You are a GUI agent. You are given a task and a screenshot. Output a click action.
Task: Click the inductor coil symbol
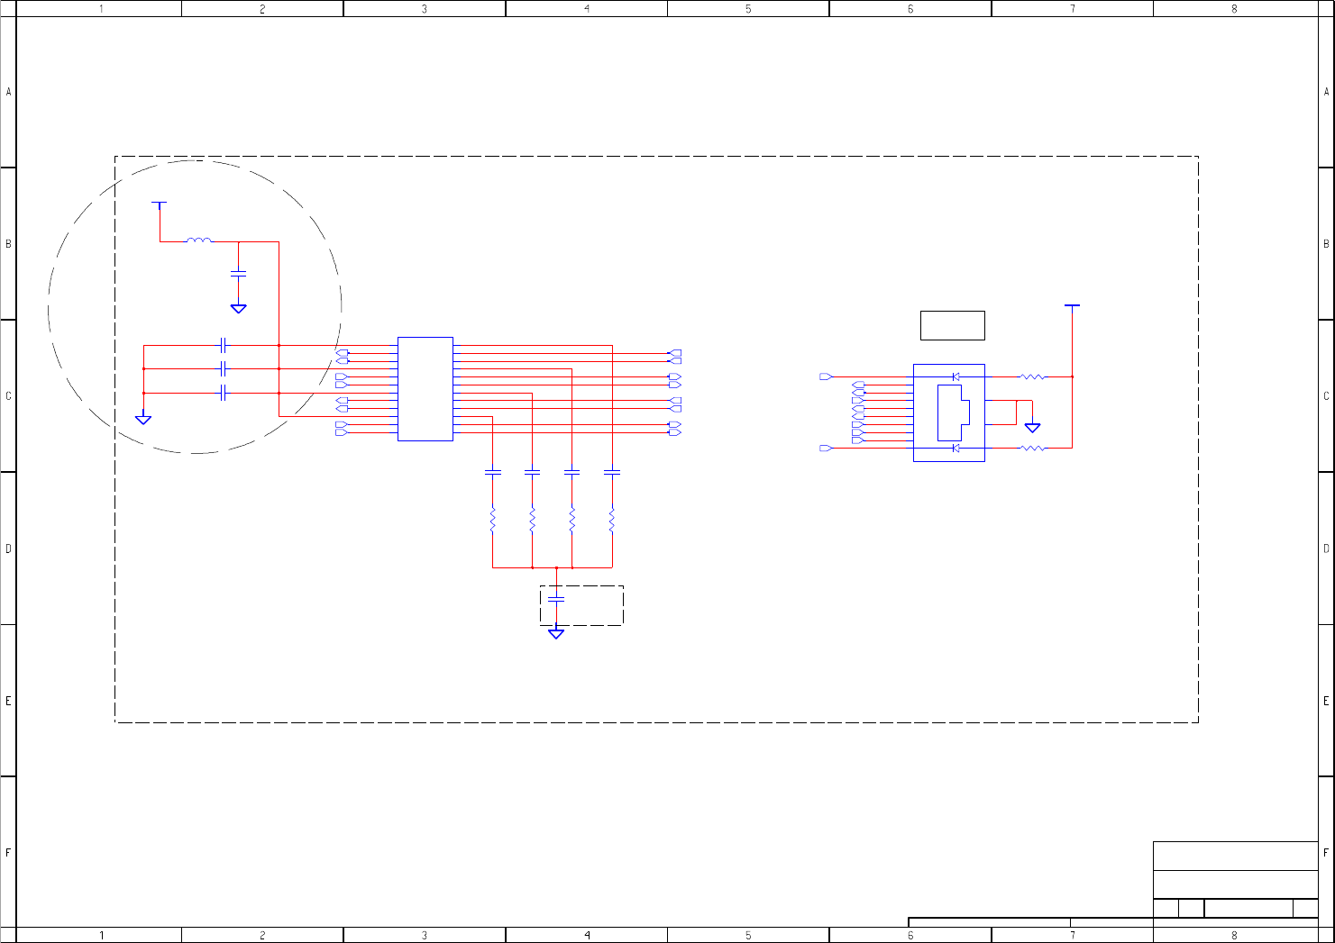tap(199, 240)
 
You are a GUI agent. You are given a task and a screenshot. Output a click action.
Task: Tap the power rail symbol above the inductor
tap(160, 205)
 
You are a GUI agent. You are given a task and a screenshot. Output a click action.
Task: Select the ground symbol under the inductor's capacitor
tap(238, 308)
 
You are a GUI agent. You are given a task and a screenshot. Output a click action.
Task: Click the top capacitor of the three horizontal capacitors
tap(223, 345)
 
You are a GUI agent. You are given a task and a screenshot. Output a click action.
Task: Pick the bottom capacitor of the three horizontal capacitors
tap(223, 393)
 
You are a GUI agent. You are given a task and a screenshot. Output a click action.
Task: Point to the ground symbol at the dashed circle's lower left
tap(143, 419)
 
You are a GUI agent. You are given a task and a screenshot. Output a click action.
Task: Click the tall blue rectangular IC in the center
tap(425, 389)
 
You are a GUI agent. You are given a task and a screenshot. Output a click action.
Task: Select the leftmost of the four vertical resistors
tap(492, 519)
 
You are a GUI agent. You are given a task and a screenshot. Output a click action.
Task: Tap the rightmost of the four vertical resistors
tap(612, 519)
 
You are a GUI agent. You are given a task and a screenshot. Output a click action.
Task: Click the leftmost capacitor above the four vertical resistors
tap(493, 472)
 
